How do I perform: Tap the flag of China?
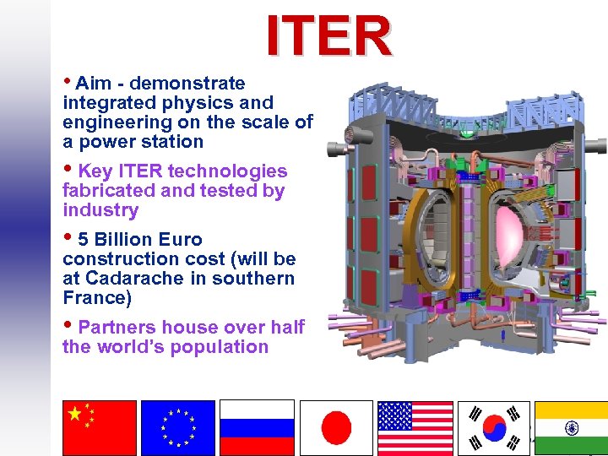click(99, 427)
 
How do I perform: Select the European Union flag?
click(178, 427)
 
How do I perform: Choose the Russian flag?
click(257, 427)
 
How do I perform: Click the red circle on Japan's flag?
click(336, 427)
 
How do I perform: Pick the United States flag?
click(415, 427)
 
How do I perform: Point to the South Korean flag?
click(494, 427)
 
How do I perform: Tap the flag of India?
click(572, 427)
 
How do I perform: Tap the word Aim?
click(93, 84)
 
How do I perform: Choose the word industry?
click(100, 210)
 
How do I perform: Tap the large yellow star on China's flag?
click(75, 414)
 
